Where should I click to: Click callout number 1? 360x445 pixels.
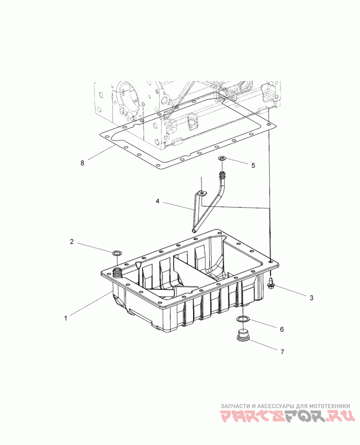pyautogui.click(x=66, y=318)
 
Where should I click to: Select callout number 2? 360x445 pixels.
pyautogui.click(x=72, y=242)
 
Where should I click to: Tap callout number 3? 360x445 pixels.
pyautogui.click(x=311, y=298)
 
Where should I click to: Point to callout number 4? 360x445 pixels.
pyautogui.click(x=157, y=201)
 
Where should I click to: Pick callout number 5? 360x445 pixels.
pyautogui.click(x=253, y=165)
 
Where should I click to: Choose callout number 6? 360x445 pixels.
pyautogui.click(x=282, y=329)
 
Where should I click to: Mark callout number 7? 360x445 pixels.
pyautogui.click(x=282, y=352)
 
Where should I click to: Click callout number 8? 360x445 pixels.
pyautogui.click(x=82, y=163)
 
